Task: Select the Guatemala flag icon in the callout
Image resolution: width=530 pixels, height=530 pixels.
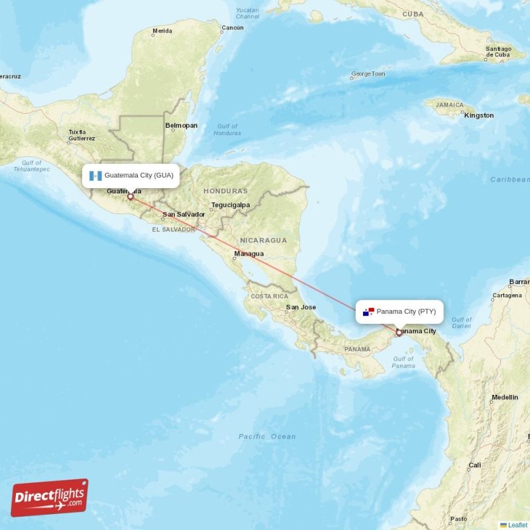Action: pos(95,176)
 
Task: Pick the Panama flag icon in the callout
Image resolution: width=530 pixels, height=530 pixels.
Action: pos(368,311)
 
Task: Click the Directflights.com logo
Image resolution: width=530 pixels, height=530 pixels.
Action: pos(50,498)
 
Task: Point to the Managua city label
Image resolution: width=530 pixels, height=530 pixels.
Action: pos(249,254)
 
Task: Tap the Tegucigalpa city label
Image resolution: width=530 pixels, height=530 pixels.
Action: pos(231,205)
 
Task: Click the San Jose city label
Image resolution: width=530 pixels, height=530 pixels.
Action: pos(301,307)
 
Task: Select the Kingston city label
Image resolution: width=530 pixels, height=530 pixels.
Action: pos(479,115)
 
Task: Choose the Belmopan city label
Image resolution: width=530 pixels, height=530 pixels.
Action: pos(182,125)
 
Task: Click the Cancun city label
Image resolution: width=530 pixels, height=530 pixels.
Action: pos(233,28)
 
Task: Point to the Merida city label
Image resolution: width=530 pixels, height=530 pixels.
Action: pos(162,31)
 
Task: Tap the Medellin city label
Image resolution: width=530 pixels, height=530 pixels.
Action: pos(505,397)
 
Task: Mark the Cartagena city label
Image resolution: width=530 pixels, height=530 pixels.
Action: pos(507,295)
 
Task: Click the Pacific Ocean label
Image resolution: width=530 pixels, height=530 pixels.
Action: pos(268,436)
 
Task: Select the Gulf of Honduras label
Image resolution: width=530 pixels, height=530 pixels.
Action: pos(227,129)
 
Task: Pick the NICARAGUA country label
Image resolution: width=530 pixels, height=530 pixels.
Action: pos(264,240)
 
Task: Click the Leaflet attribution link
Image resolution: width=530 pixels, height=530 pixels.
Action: pos(517,525)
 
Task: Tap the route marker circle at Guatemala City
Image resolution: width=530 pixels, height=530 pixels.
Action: pos(131,197)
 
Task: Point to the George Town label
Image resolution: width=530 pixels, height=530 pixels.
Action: pos(368,74)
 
